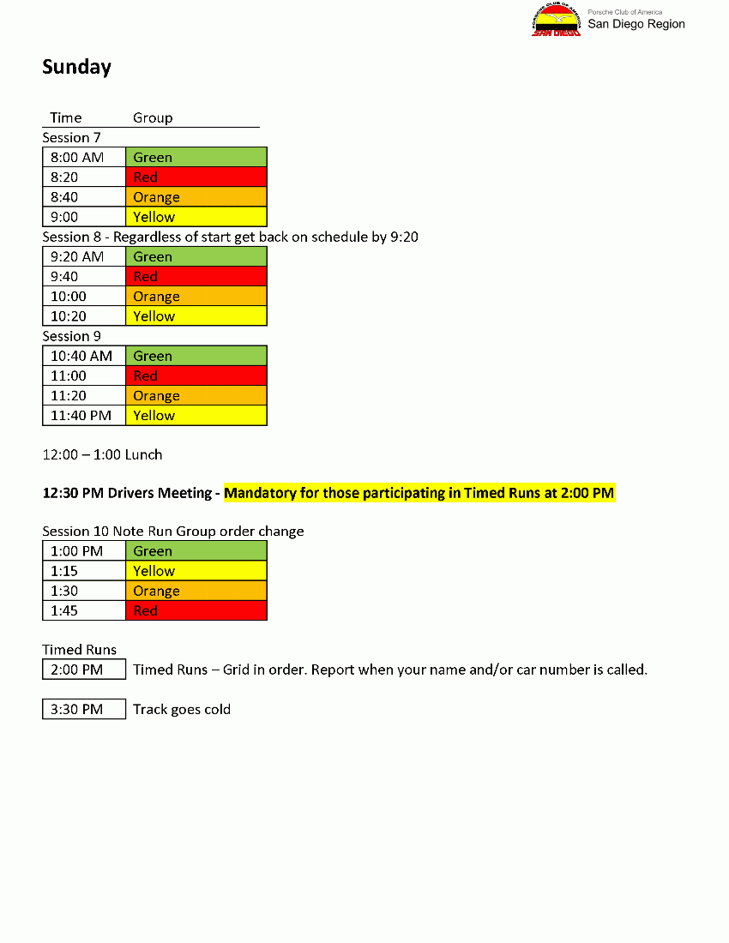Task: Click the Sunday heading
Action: (76, 67)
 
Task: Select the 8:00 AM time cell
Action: (84, 157)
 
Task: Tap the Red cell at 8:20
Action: (196, 177)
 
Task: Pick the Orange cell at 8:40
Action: (196, 197)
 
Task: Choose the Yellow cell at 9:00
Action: (196, 217)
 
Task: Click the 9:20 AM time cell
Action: (84, 256)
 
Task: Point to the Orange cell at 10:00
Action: (196, 297)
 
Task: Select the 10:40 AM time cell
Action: (84, 356)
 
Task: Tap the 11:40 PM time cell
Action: (84, 416)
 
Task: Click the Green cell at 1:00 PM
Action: (196, 551)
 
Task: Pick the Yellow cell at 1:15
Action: (196, 571)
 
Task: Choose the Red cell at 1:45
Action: (196, 610)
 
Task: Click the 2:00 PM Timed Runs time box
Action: (84, 670)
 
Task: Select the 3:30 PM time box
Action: (84, 709)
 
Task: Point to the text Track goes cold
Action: (182, 709)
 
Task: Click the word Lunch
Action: (143, 454)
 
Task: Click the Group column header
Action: (153, 117)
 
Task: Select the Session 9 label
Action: (71, 336)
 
